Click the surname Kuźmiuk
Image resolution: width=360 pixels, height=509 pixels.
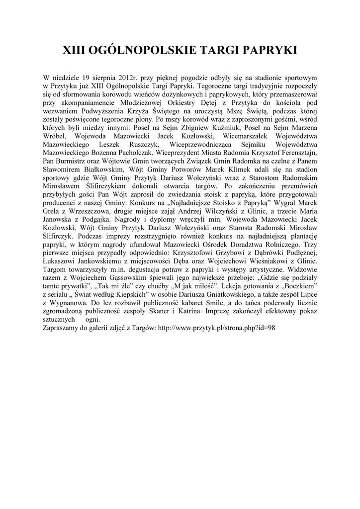pos(227,128)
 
